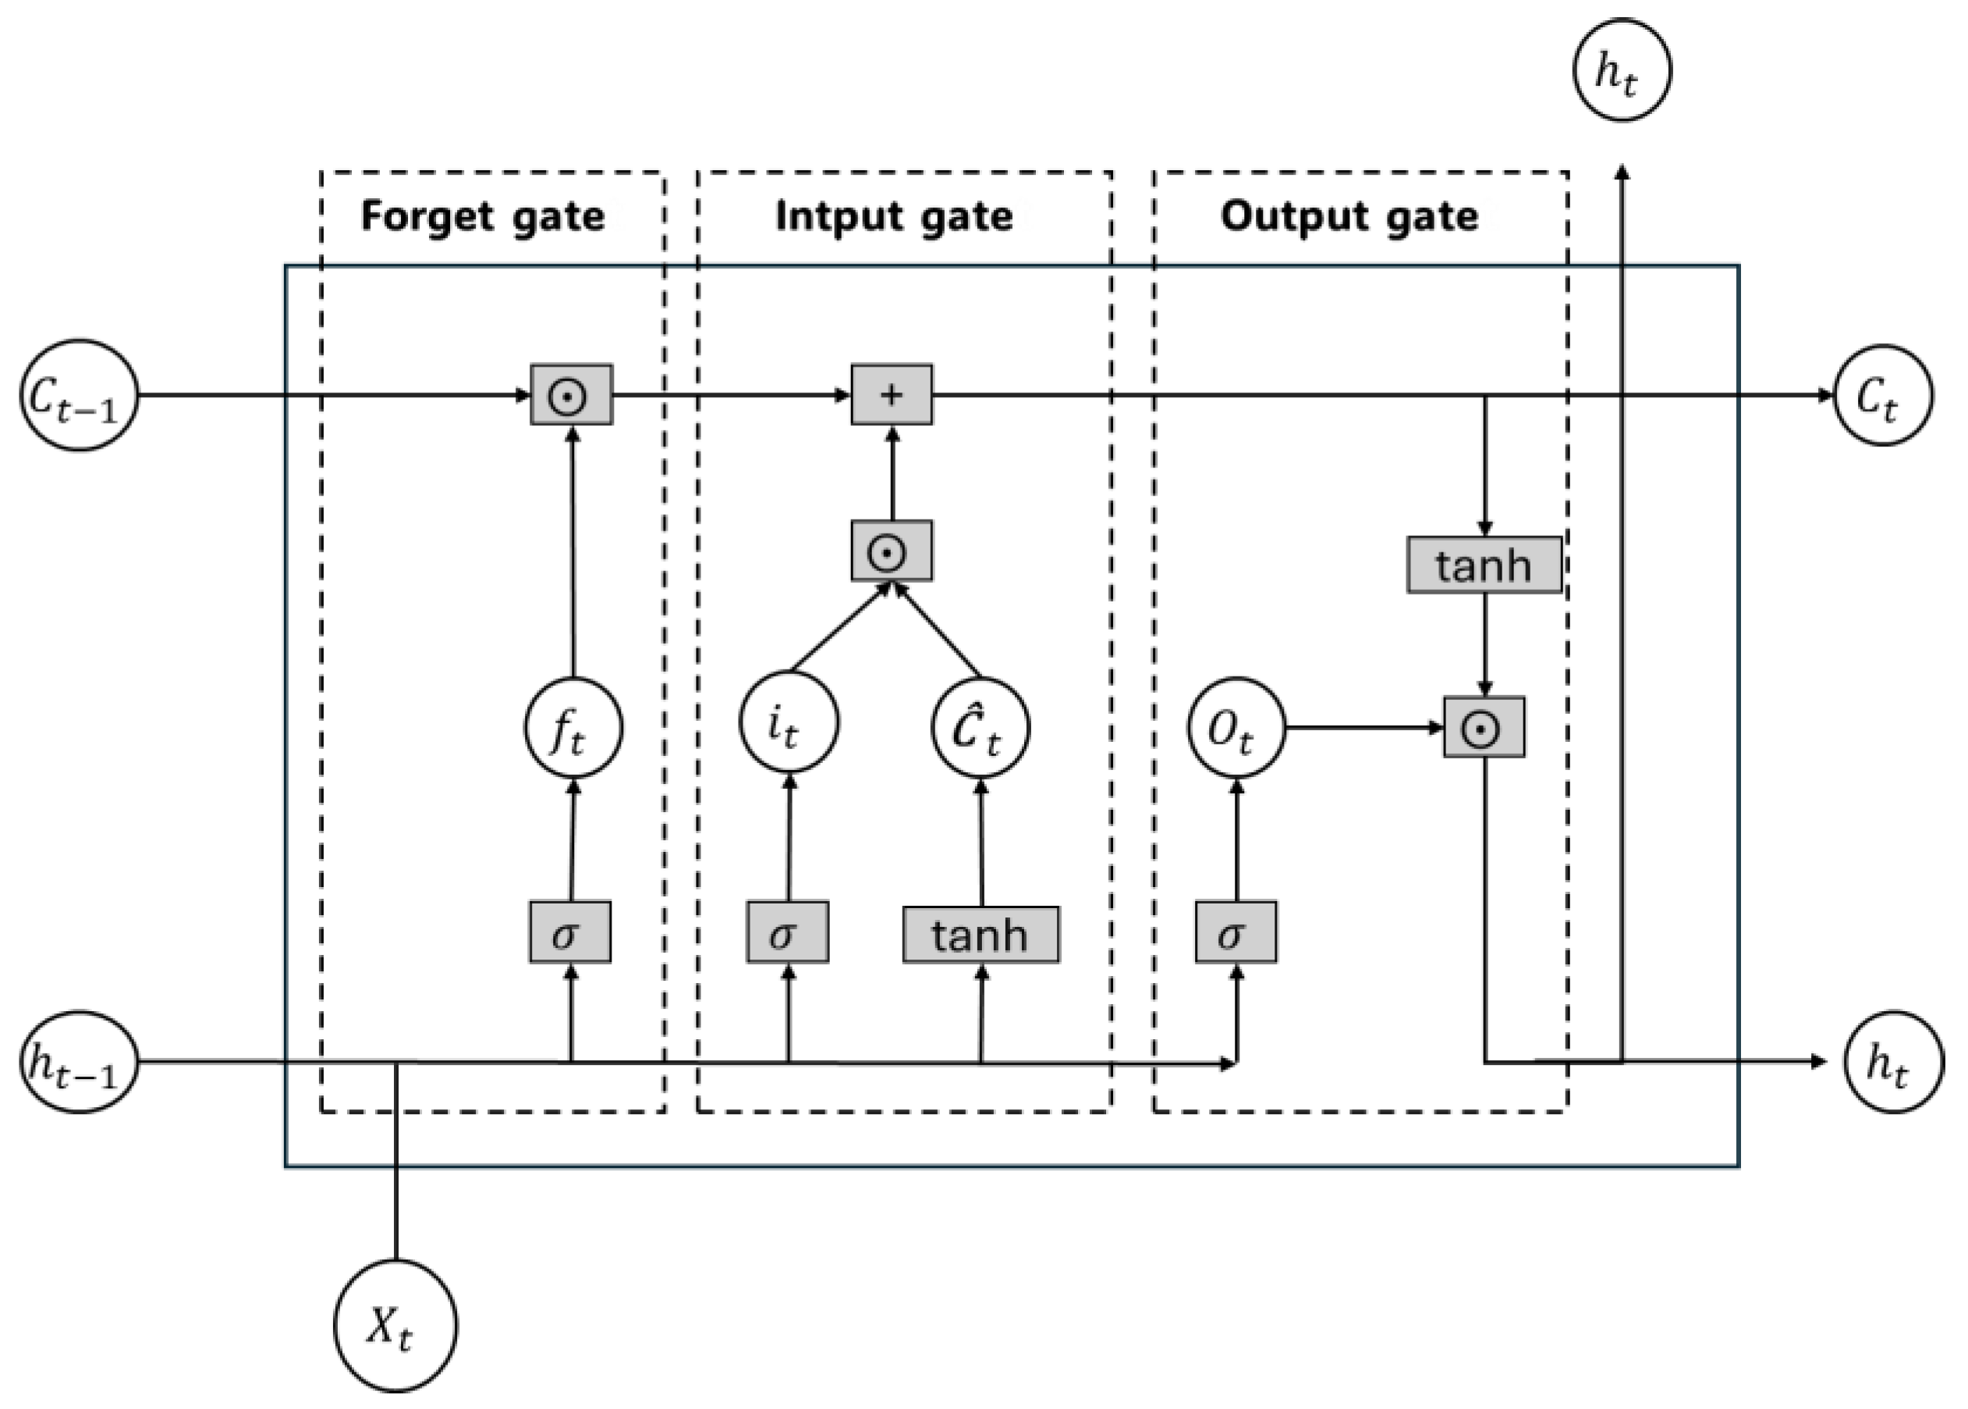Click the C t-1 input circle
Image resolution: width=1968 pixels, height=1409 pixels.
pyautogui.click(x=79, y=395)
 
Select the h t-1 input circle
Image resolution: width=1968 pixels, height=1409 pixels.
pyautogui.click(x=79, y=1062)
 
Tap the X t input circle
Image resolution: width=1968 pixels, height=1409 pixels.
pyautogui.click(x=395, y=1325)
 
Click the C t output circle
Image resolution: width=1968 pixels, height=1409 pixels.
pyautogui.click(x=1882, y=395)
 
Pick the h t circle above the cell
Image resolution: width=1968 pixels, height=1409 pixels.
pyautogui.click(x=1621, y=70)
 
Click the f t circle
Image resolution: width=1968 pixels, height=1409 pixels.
pyautogui.click(x=573, y=727)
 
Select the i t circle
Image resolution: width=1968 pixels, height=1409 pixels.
pyautogui.click(x=789, y=722)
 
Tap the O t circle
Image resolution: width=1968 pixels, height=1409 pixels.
pyautogui.click(x=1236, y=727)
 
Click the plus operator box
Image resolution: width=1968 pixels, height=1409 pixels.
pyautogui.click(x=892, y=395)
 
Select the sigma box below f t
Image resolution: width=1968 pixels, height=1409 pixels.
pyautogui.click(x=570, y=932)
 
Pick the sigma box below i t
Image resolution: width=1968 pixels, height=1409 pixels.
pyautogui.click(x=788, y=932)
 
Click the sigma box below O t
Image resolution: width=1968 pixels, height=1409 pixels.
pyautogui.click(x=1235, y=932)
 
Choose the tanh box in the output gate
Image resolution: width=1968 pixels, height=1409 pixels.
pyautogui.click(x=1483, y=565)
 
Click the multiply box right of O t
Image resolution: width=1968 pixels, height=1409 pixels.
pyautogui.click(x=1483, y=727)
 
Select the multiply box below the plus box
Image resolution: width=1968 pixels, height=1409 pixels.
pyautogui.click(x=892, y=550)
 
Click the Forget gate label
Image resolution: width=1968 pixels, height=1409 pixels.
pyautogui.click(x=482, y=215)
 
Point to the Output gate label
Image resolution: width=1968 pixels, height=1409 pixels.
pyautogui.click(x=1349, y=215)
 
